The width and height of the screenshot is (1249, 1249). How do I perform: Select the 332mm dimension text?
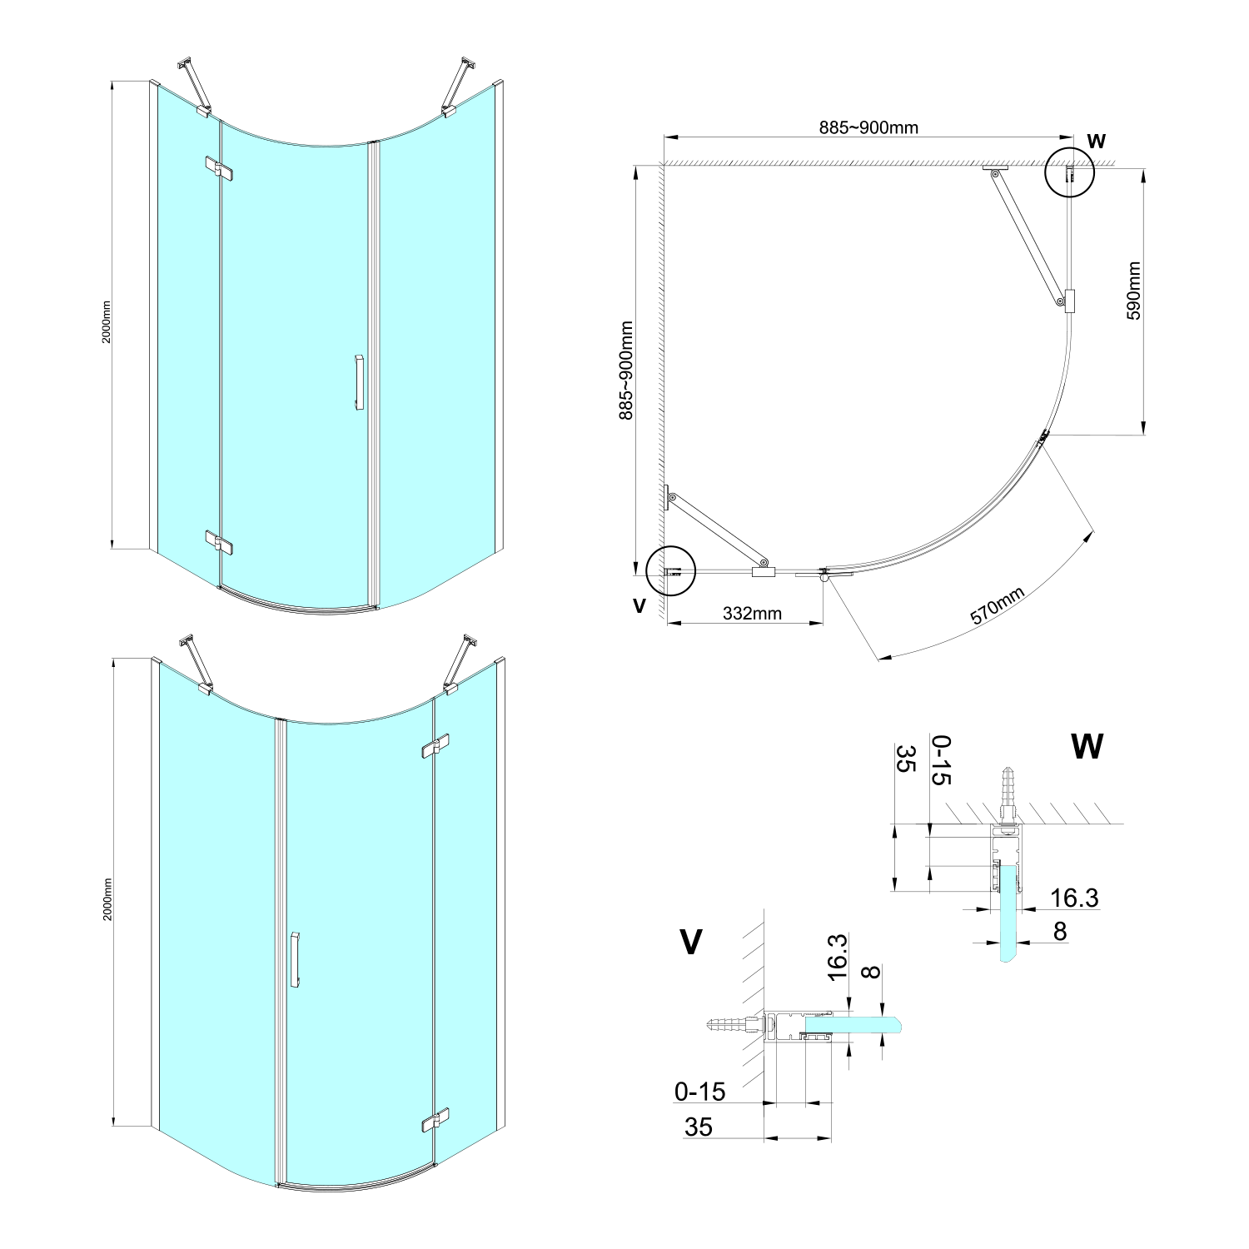(752, 614)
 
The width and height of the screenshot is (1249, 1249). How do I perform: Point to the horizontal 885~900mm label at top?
(868, 127)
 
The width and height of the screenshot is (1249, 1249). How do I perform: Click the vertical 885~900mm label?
(627, 371)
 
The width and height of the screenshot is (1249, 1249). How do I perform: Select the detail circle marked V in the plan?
(670, 571)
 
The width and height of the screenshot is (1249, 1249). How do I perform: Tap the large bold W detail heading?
(1087, 747)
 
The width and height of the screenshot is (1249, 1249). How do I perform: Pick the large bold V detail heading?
(690, 942)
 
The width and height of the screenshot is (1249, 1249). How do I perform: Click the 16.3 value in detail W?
(1074, 898)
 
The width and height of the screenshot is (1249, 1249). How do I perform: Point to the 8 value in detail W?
(1060, 931)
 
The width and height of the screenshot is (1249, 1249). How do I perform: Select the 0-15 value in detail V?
(700, 1091)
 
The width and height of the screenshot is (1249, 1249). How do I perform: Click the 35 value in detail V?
(699, 1127)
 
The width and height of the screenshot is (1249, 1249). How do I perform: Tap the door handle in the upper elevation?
(359, 383)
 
